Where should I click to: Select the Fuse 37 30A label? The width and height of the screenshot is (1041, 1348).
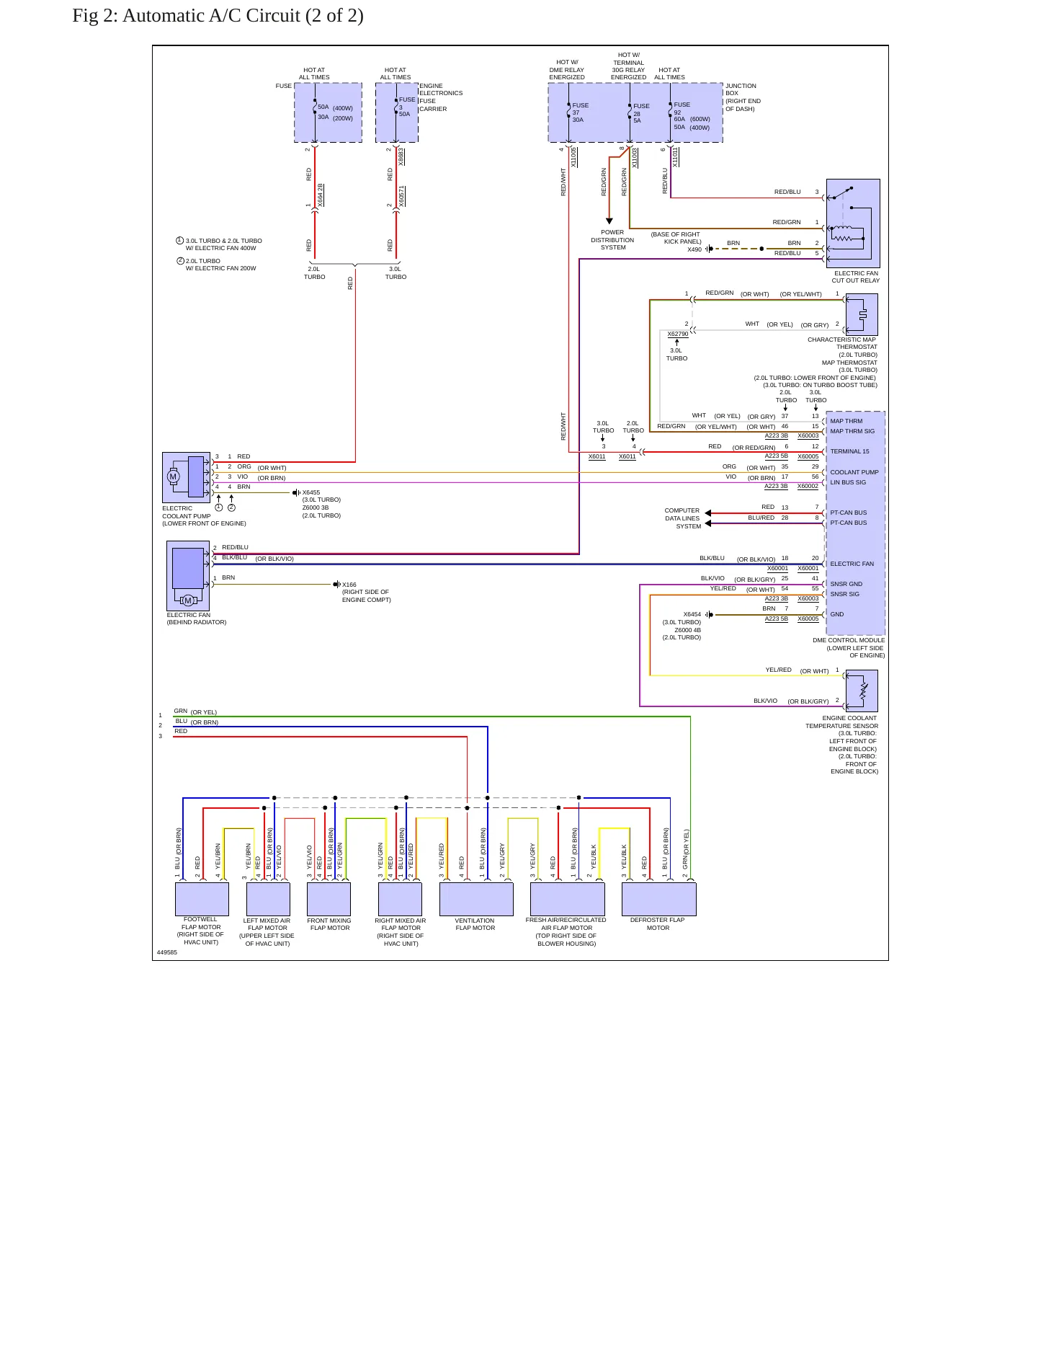pos(580,112)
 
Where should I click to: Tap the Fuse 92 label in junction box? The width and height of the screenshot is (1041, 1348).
pos(682,108)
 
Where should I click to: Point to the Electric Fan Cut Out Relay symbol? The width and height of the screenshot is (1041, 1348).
pos(853,223)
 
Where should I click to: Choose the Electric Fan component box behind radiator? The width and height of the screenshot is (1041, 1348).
pos(188,576)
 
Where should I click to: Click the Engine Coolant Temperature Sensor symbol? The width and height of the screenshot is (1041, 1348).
pos(862,691)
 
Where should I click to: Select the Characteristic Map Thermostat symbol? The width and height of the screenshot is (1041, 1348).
pos(862,314)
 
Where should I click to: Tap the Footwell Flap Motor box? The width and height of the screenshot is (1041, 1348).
pos(202,900)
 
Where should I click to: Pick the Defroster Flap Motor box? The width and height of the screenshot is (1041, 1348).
pos(659,900)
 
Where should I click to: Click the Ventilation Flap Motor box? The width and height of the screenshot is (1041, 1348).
pos(476,900)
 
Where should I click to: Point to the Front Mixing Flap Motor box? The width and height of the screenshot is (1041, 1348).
pos(329,900)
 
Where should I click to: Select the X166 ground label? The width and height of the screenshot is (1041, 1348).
pos(349,585)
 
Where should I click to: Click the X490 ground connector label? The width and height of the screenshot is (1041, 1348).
pos(694,249)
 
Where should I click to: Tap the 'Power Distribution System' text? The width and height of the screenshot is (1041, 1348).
pos(612,240)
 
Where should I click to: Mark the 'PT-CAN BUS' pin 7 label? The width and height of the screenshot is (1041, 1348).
pos(849,513)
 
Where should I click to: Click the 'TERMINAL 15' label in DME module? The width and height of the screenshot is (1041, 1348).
pos(849,451)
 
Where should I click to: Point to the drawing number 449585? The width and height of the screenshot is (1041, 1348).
pos(167,952)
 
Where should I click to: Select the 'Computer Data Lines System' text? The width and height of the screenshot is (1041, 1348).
pos(683,518)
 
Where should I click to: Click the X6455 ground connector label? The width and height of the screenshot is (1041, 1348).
pos(311,492)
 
